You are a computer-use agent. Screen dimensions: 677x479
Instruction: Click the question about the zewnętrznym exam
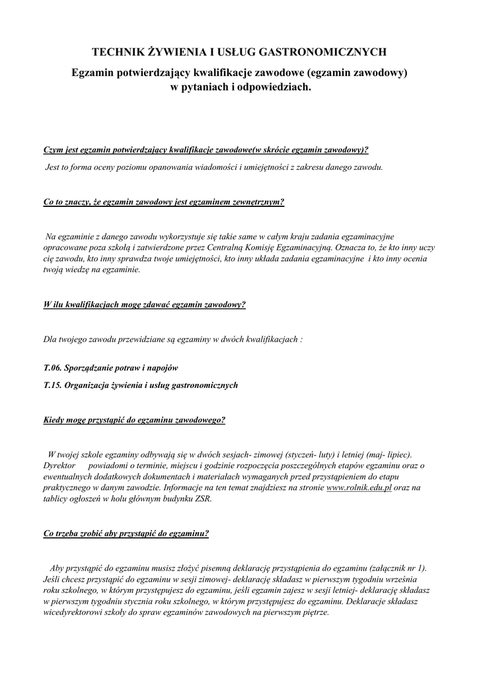[x=163, y=202]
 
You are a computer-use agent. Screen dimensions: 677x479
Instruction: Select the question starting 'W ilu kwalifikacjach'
[x=144, y=305]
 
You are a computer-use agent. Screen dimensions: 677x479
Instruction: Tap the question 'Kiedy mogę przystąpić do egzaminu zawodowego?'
[x=134, y=419]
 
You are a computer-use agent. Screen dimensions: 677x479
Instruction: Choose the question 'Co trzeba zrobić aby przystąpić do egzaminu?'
[x=126, y=534]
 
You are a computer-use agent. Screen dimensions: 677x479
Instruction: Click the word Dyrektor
[x=59, y=465]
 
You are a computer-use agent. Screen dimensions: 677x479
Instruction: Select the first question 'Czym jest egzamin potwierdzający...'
[x=205, y=150]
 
